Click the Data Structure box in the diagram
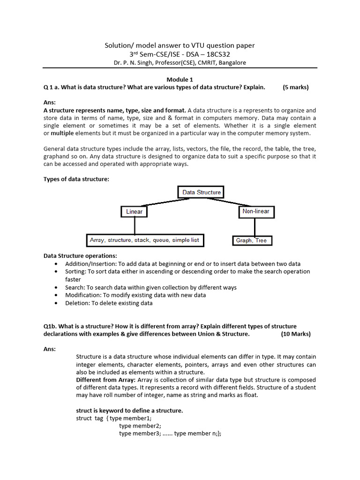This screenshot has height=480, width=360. tap(201, 192)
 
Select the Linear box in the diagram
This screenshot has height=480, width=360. tap(134, 212)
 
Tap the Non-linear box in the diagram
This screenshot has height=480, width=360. tap(256, 211)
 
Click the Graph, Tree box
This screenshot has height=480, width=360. tap(251, 240)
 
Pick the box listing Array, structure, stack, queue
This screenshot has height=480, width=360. tap(144, 240)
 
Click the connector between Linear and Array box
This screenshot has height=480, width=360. tap(135, 226)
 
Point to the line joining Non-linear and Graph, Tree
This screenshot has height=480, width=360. tap(255, 227)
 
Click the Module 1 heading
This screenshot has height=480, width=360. tap(180, 79)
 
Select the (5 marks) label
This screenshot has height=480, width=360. tap(296, 87)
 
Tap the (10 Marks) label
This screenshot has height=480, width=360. tap(296, 334)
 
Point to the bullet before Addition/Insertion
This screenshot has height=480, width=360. tap(56, 264)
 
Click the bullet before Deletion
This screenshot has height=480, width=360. tap(56, 303)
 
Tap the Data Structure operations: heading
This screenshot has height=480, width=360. tap(80, 256)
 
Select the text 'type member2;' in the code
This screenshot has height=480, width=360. tap(140, 426)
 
